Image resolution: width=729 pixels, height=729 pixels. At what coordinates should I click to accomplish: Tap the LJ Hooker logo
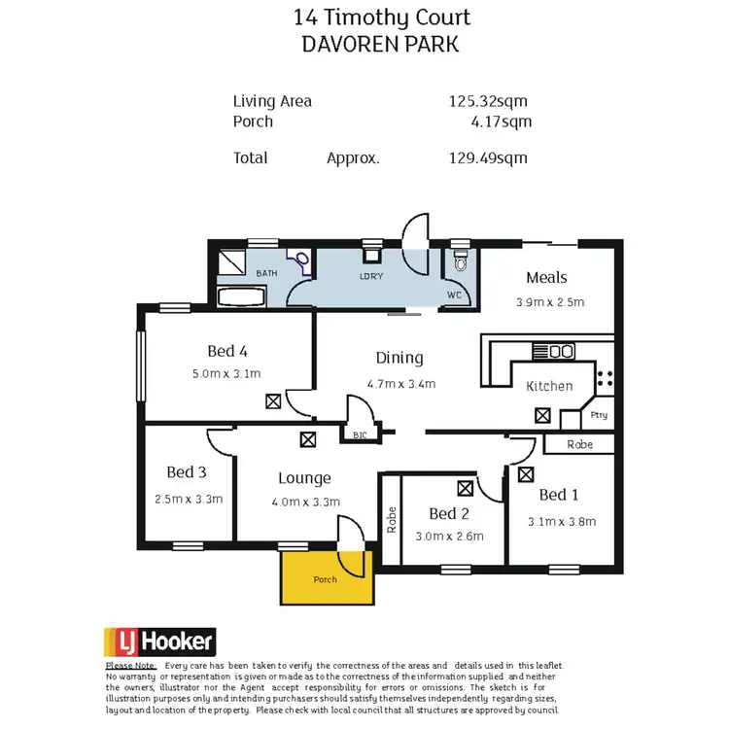pos(159,642)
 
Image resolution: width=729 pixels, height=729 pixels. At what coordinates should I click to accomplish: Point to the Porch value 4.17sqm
pos(500,121)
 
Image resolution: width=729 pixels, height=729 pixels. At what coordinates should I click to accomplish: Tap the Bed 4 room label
pos(227,352)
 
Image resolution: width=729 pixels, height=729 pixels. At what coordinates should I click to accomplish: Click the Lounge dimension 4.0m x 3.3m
pos(304,502)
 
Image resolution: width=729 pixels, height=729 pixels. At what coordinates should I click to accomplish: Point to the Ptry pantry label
pos(599,415)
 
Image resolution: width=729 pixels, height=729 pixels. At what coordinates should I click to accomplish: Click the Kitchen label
pos(549,386)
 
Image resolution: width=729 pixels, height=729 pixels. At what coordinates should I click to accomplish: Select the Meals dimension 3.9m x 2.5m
pos(550,301)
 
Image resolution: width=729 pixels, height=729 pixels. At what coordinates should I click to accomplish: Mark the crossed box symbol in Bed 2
pos(465,488)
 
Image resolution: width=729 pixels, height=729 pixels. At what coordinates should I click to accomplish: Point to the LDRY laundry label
pos(372,277)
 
